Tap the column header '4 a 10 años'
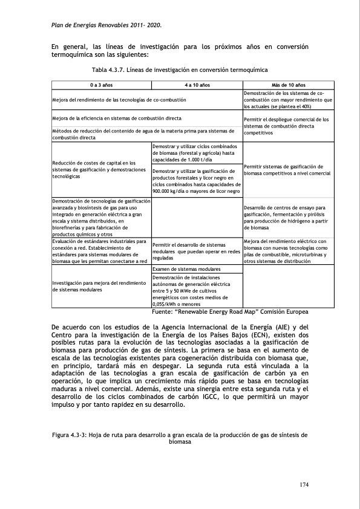point(196,86)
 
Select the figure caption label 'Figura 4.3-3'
point(71,435)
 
